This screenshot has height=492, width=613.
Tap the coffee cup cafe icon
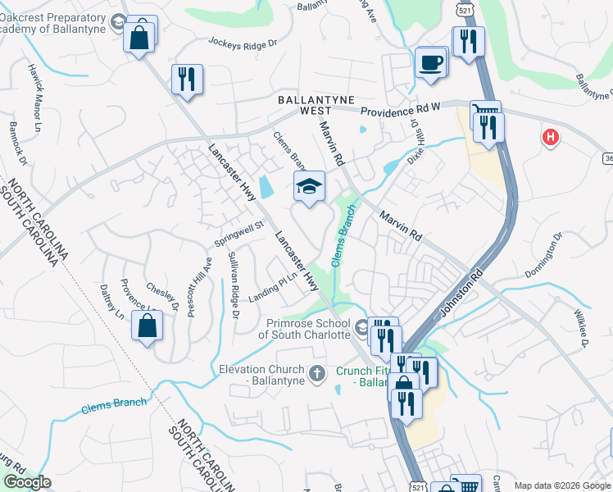[431, 63]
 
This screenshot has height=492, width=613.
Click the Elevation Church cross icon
[318, 376]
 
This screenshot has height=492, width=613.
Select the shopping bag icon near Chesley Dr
[147, 326]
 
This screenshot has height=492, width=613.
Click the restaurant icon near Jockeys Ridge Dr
[188, 80]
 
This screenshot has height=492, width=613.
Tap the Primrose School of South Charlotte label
[306, 329]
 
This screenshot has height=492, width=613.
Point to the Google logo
[27, 482]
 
